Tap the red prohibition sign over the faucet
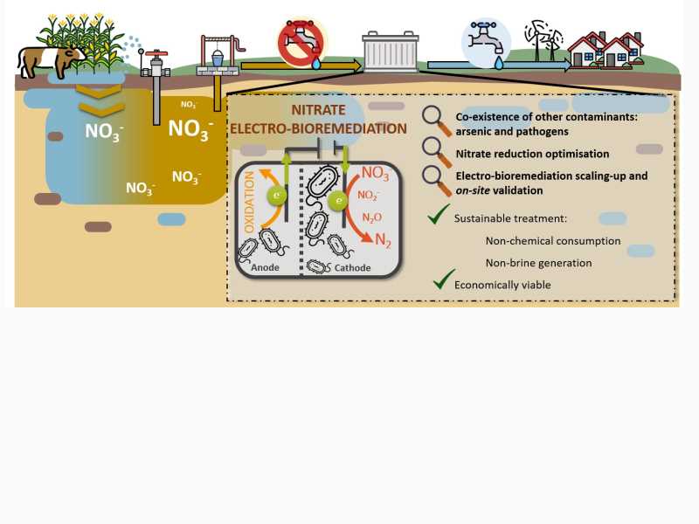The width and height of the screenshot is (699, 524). (x=301, y=42)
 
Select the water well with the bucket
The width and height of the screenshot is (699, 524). (x=219, y=56)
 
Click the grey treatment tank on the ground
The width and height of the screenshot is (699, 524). (x=391, y=52)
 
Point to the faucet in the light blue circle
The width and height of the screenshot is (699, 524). (x=486, y=43)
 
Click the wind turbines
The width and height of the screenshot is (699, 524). (x=543, y=40)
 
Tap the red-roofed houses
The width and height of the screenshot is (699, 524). (x=606, y=50)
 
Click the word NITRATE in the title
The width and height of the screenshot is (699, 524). (x=318, y=110)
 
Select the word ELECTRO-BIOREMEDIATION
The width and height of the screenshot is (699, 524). (x=318, y=128)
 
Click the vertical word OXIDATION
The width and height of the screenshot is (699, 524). (x=249, y=202)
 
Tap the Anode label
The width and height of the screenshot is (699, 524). (x=266, y=267)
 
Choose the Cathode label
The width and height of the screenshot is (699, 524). (x=352, y=268)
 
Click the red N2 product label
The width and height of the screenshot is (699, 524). (x=383, y=240)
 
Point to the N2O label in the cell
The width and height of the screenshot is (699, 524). (x=372, y=217)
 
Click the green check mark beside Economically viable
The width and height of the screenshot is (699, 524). (x=444, y=279)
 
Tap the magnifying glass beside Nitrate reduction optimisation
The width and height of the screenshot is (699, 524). (x=437, y=153)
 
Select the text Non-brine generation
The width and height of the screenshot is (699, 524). (x=538, y=263)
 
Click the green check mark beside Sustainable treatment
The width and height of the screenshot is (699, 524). (x=439, y=214)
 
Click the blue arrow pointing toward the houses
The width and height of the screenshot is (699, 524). (x=499, y=65)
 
